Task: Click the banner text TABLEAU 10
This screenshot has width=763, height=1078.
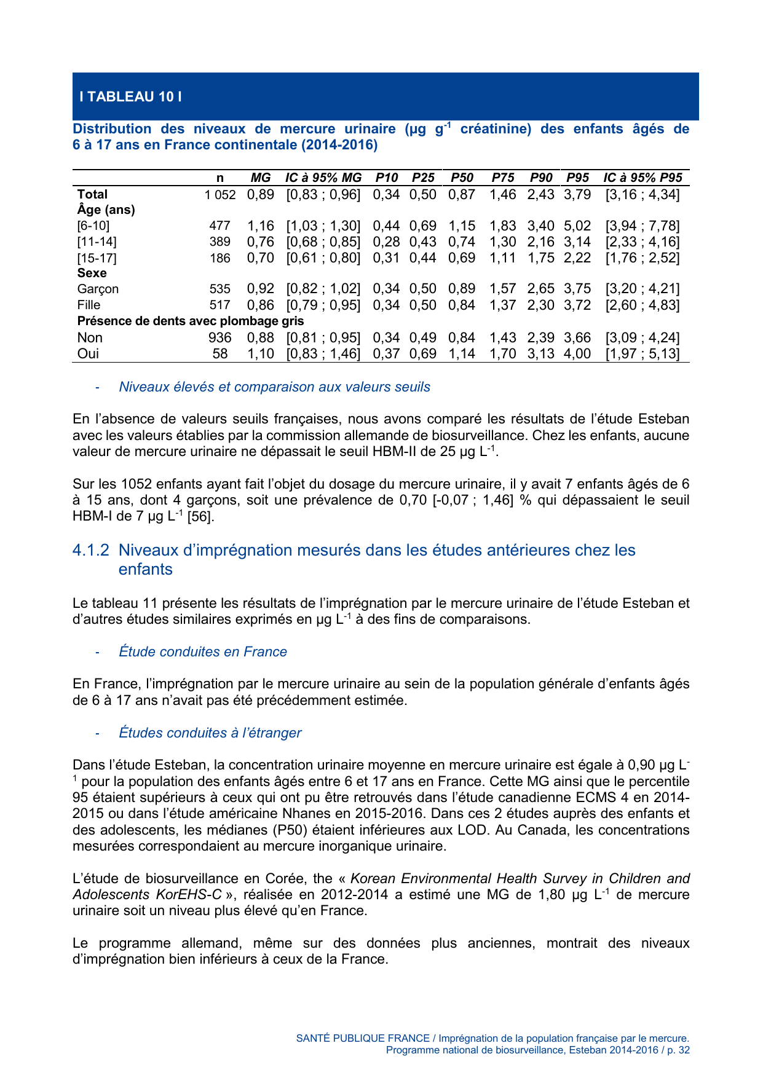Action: [x=130, y=96]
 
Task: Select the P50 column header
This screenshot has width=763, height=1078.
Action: [x=462, y=178]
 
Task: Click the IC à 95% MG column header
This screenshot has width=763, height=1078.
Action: [x=323, y=178]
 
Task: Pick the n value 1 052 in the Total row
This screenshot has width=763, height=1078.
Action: [x=220, y=195]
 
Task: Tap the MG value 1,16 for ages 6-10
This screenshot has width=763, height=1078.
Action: [x=260, y=226]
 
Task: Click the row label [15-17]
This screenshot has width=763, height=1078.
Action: [x=97, y=258]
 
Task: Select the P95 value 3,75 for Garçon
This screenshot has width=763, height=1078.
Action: [x=577, y=289]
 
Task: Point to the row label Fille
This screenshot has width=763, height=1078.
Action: [x=89, y=305]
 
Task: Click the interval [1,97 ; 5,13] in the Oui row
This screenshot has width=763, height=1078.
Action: [x=642, y=353]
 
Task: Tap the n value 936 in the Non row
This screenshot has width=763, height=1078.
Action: [x=220, y=337]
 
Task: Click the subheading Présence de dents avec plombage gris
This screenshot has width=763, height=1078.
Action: [x=190, y=321]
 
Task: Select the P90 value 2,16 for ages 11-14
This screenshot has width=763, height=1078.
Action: [x=540, y=242]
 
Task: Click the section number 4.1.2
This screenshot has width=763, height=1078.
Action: [x=91, y=550]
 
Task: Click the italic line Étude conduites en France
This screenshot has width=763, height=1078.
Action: [x=203, y=651]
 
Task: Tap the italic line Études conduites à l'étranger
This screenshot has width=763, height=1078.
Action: [x=210, y=733]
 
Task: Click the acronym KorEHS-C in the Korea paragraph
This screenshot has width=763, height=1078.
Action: [x=190, y=894]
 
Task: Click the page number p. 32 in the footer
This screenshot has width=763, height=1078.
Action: [x=678, y=1050]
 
